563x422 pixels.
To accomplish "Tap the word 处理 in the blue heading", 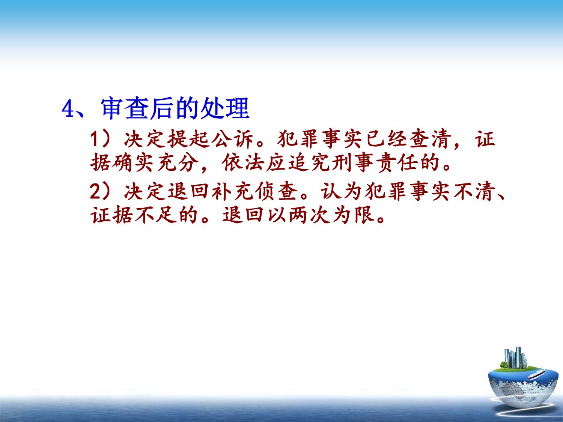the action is (225, 108).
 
